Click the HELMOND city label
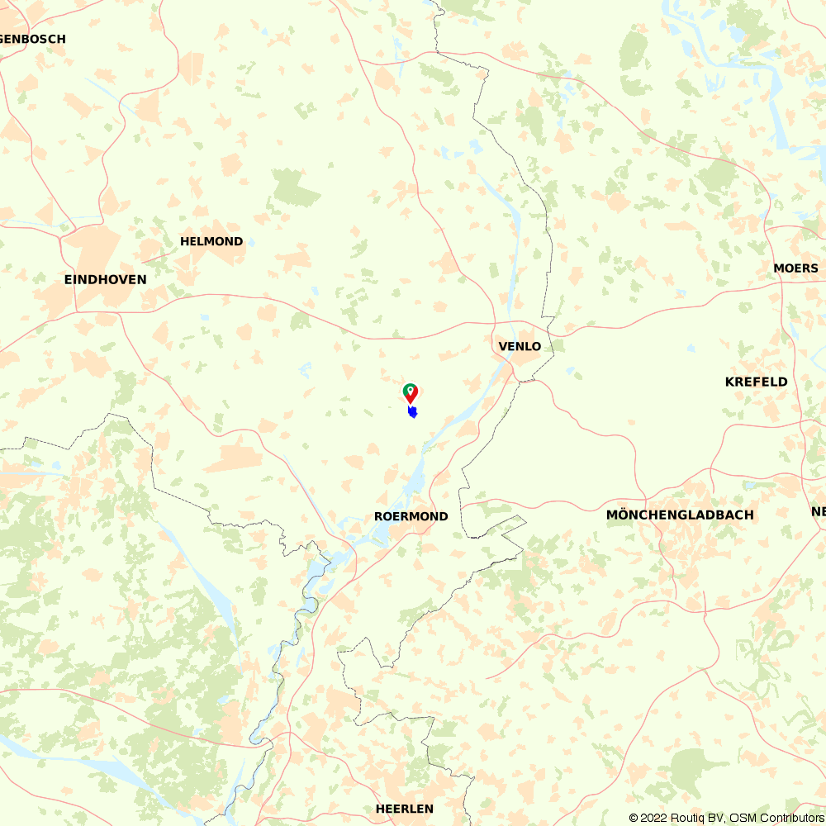(x=211, y=242)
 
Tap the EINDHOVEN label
(x=105, y=279)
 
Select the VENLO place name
(x=520, y=346)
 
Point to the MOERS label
(x=795, y=268)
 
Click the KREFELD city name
(x=756, y=382)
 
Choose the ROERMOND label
(x=411, y=516)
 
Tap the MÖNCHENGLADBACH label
(x=680, y=515)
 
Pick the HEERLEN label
(x=404, y=809)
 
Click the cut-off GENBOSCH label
(x=33, y=39)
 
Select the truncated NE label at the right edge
(x=818, y=512)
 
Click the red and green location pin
(x=410, y=392)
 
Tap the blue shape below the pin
(x=412, y=411)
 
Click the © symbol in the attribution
(x=634, y=818)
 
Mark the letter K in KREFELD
(x=730, y=382)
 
